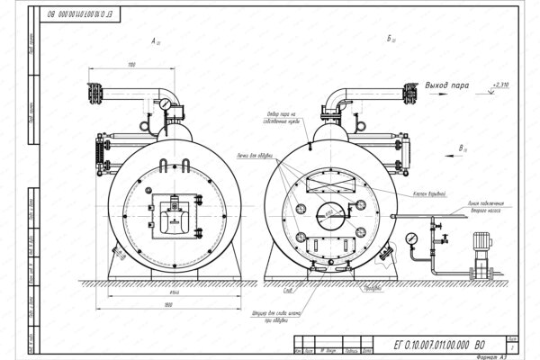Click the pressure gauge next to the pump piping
410,238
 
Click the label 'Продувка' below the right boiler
363,290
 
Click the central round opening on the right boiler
327,216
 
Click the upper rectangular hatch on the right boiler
327,184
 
